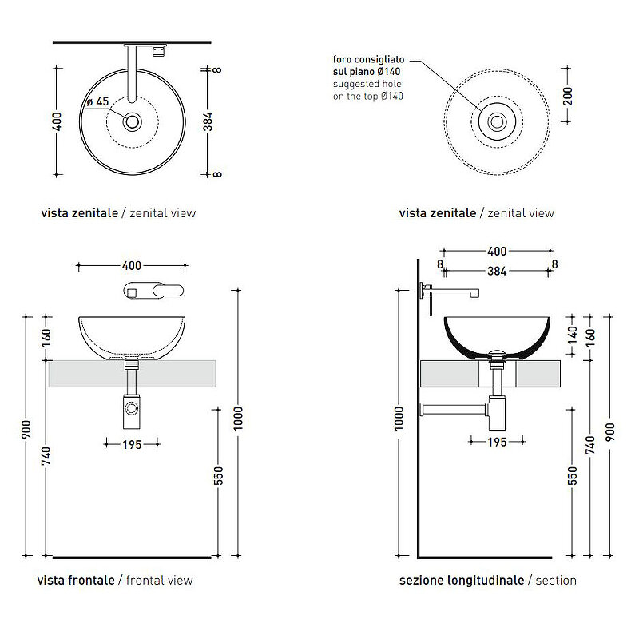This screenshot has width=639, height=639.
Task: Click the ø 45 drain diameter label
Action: pyautogui.click(x=97, y=101)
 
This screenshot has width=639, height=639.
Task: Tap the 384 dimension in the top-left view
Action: pyautogui.click(x=208, y=122)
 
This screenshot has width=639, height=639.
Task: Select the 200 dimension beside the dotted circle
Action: pyautogui.click(x=568, y=96)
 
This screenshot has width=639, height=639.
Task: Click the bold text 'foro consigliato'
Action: pyautogui.click(x=368, y=59)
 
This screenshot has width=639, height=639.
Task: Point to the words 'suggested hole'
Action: pyautogui.click(x=367, y=84)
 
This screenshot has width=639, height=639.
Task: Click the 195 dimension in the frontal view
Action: pyautogui.click(x=132, y=444)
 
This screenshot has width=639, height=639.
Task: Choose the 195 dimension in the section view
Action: pyautogui.click(x=497, y=442)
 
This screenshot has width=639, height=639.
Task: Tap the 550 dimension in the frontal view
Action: pyautogui.click(x=219, y=476)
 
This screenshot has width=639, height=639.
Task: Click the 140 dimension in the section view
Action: pyautogui.click(x=573, y=334)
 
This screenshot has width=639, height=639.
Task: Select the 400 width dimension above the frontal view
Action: pyautogui.click(x=132, y=266)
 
